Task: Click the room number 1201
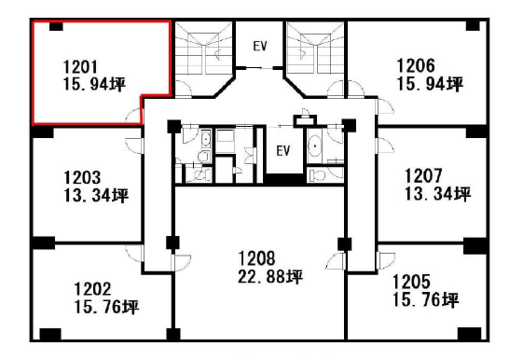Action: tap(80, 67)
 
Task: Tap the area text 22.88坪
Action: tap(270, 276)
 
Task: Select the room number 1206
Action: tap(416, 65)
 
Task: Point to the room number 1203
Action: tap(82, 177)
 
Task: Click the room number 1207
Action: tap(423, 175)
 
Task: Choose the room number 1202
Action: tap(92, 289)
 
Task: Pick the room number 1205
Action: tap(411, 282)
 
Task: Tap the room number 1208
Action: tap(256, 258)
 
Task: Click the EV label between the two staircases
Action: tap(260, 46)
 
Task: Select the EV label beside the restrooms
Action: tap(283, 151)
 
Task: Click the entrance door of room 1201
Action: tap(134, 116)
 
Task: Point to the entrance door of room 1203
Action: tap(134, 145)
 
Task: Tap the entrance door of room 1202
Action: tap(134, 254)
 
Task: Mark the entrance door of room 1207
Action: tap(385, 145)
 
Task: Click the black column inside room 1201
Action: tap(56, 26)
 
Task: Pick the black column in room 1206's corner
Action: tap(473, 25)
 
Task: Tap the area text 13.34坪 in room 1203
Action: tap(96, 196)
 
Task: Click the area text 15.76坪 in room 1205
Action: tap(426, 300)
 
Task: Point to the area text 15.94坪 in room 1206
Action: tap(430, 84)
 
